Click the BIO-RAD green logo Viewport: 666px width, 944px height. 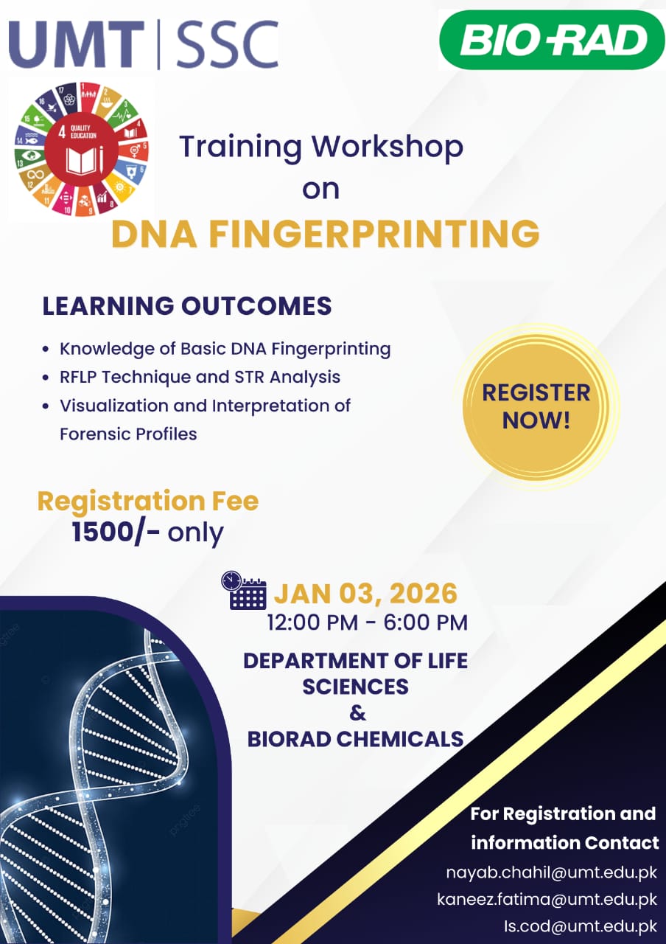point(552,40)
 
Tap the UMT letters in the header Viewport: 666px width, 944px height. point(77,44)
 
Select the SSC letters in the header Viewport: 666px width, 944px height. point(228,44)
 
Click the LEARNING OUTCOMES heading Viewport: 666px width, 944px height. point(187,305)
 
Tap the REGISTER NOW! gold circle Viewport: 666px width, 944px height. point(536,407)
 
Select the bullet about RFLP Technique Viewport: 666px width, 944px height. point(192,377)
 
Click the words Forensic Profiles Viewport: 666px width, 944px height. point(128,434)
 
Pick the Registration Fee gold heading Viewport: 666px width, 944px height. point(148,501)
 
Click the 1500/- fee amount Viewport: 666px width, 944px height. point(116,532)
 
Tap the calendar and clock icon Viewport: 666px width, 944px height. point(244,590)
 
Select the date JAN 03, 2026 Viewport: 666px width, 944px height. point(365,594)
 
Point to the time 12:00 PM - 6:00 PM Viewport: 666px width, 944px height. point(367,622)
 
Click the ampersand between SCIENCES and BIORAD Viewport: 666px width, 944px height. point(357,713)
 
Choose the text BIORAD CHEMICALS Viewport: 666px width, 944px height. point(355,739)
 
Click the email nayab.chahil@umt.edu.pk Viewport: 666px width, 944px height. point(552,872)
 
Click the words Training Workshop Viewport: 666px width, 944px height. point(321,147)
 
